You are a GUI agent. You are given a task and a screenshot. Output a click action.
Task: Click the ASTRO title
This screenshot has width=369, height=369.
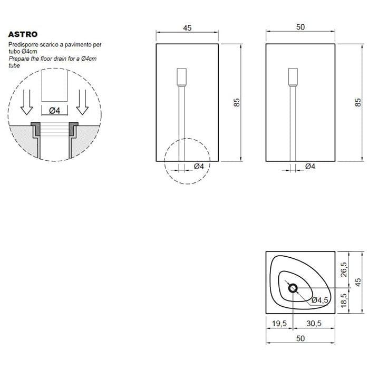click(23, 34)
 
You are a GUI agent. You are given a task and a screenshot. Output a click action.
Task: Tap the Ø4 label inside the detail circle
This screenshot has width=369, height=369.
click(55, 110)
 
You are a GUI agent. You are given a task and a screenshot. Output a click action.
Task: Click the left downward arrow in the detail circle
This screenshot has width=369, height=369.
click(26, 102)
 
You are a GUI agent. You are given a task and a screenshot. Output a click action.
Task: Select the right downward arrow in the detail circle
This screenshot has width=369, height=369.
click(82, 102)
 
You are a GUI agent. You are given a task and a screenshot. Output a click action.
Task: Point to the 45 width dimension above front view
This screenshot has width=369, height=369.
click(187, 28)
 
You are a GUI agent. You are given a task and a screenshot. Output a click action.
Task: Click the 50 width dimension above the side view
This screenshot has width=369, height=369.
click(300, 27)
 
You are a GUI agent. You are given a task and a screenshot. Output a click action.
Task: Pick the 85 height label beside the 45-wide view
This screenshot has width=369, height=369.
click(237, 102)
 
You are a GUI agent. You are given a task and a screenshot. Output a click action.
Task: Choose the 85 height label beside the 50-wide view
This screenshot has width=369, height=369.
click(358, 102)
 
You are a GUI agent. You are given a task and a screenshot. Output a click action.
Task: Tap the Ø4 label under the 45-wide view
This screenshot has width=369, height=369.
click(199, 167)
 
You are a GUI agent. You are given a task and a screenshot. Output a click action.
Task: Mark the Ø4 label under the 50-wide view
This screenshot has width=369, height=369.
click(310, 167)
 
